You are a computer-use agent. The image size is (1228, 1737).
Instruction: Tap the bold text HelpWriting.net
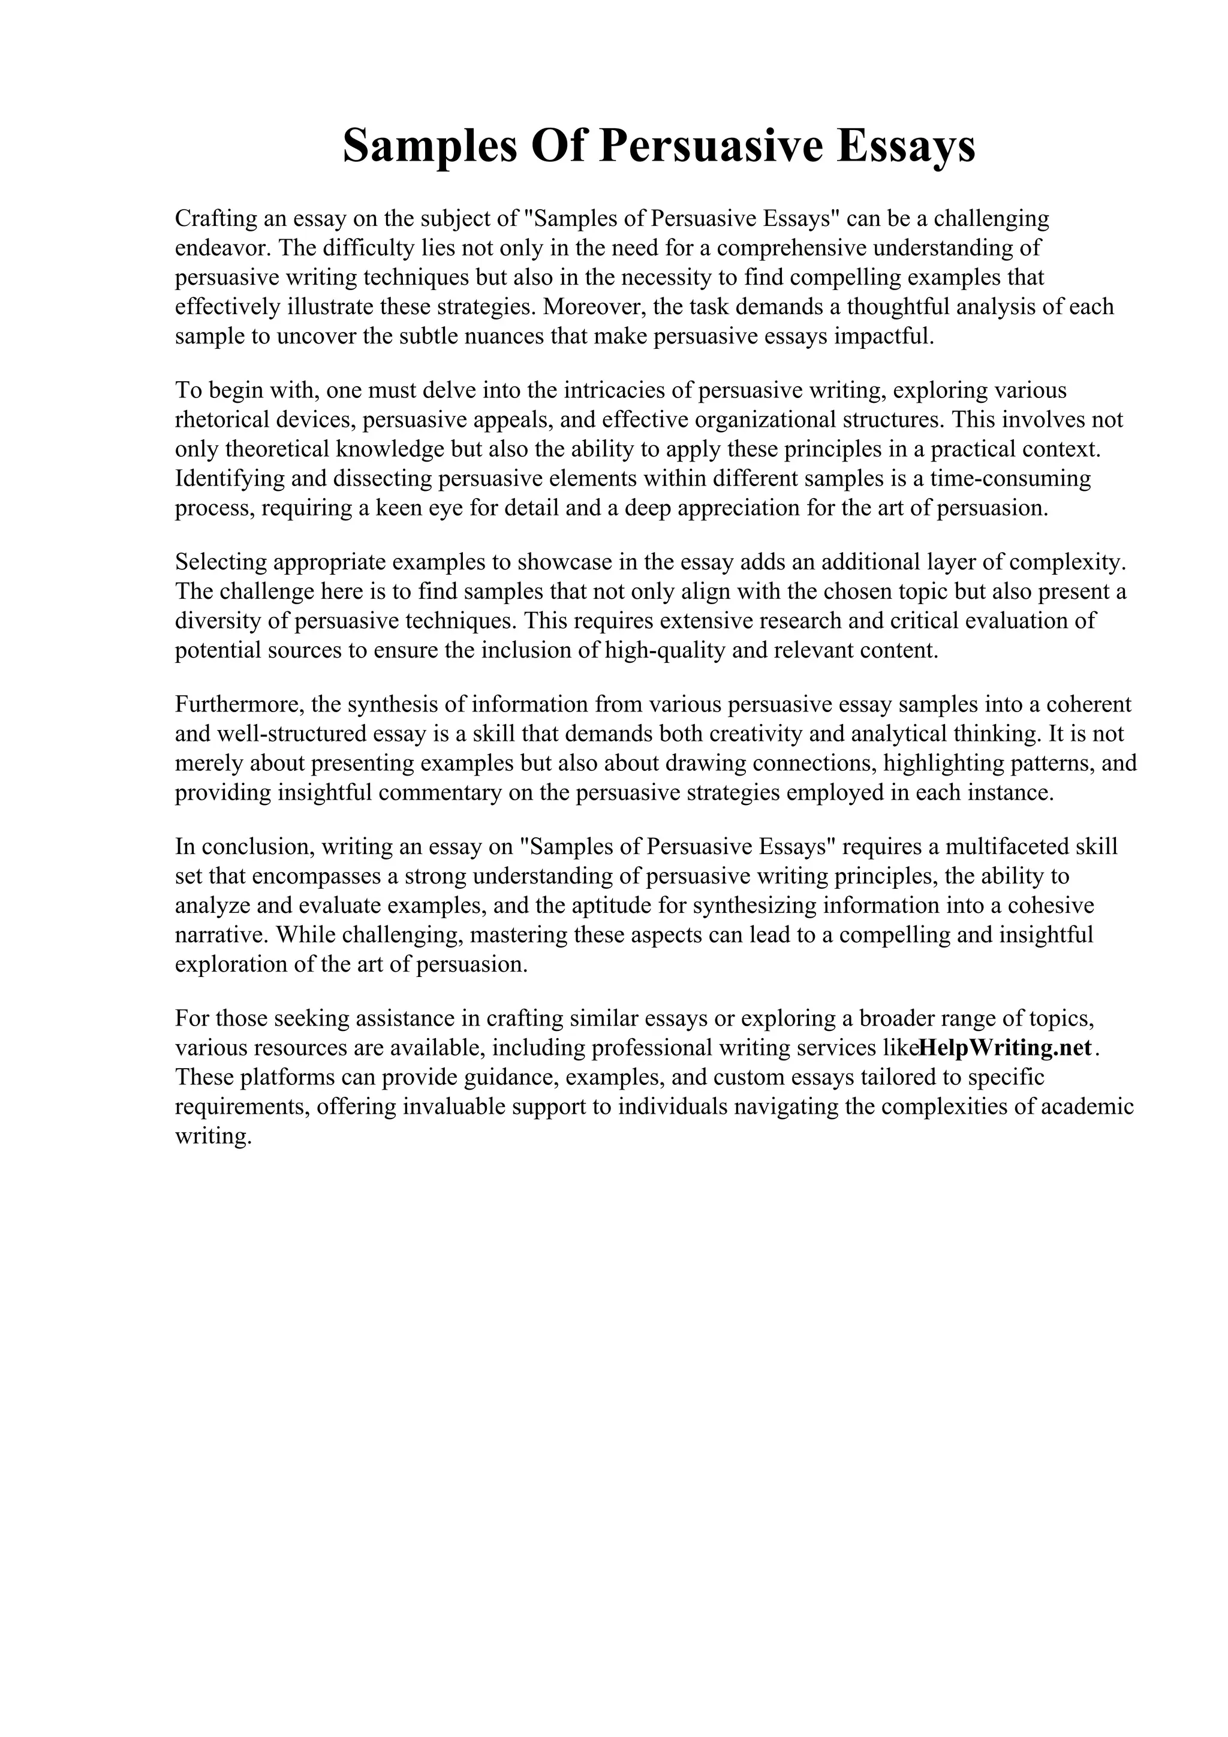click(x=1006, y=1048)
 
